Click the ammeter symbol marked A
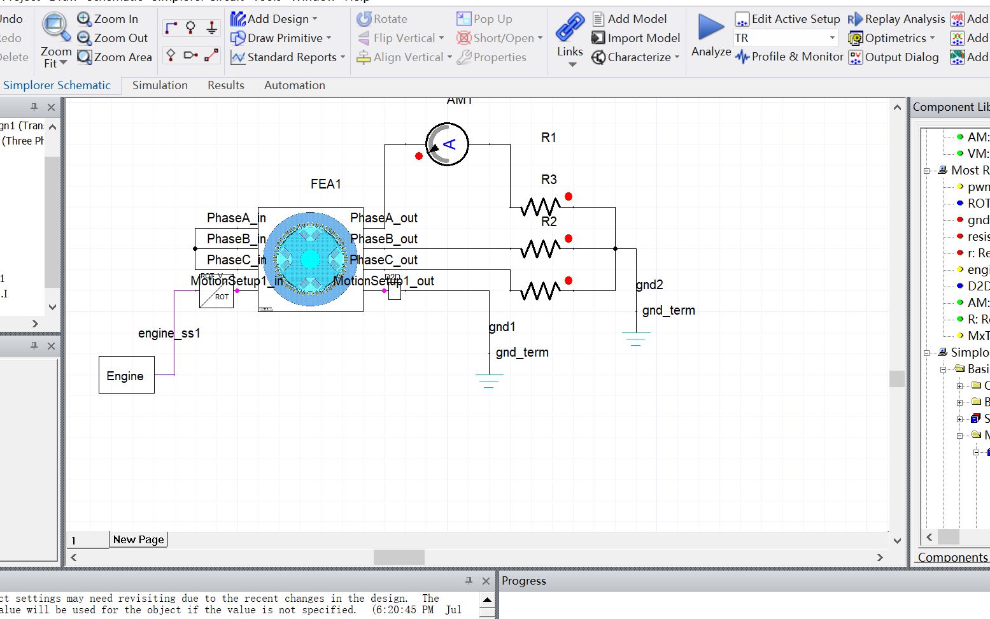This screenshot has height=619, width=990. tap(447, 145)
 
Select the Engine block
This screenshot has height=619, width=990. tap(126, 376)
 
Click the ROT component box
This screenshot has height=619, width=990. tap(216, 292)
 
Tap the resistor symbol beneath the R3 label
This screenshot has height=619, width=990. tap(540, 207)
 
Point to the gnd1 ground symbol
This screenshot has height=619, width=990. tap(488, 381)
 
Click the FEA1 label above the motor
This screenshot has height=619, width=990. tap(325, 184)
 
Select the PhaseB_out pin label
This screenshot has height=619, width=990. tap(385, 239)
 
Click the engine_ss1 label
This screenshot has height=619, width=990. tap(169, 333)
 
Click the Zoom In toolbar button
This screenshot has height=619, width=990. tap(108, 19)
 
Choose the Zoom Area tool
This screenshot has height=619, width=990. tap(115, 57)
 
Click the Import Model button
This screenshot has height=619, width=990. tap(636, 38)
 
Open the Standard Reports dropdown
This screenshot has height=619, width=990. tap(288, 57)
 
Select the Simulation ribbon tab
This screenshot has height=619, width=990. tap(160, 85)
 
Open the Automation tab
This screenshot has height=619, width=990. tap(294, 85)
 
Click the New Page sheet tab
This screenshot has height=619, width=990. tap(138, 539)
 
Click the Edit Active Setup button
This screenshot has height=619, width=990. tap(788, 19)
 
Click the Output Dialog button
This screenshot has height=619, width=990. tap(894, 57)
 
